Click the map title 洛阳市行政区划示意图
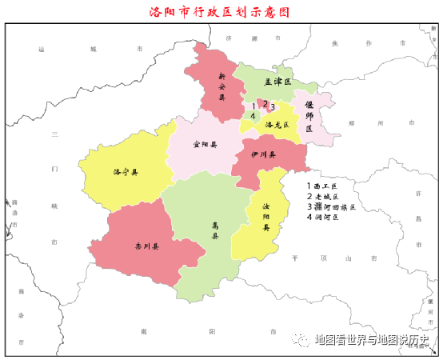[218, 12]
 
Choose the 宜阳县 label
[206, 146]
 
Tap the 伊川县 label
[263, 155]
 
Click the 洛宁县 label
[126, 172]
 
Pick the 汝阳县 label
[266, 216]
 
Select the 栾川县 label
[147, 246]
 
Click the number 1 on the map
[254, 106]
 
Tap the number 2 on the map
[265, 103]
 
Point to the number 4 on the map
[253, 117]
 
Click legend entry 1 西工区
[324, 186]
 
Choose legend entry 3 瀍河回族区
[329, 206]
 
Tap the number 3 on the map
[273, 106]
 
